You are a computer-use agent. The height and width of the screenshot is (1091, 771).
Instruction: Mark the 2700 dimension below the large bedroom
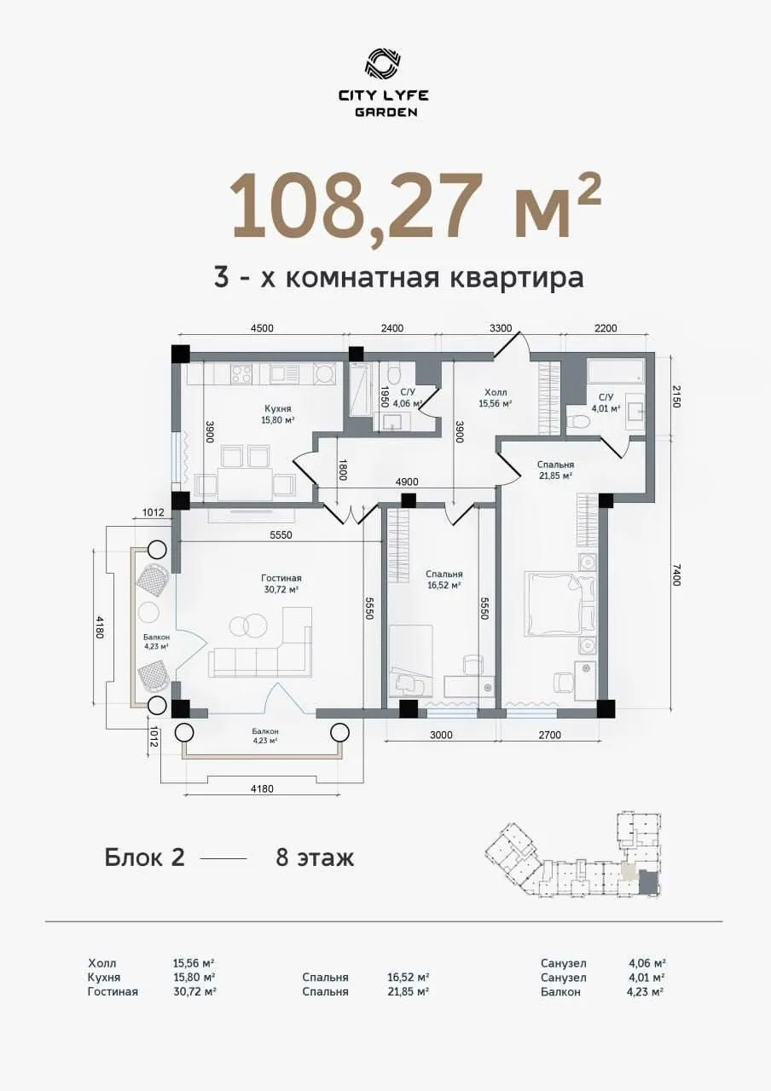(549, 735)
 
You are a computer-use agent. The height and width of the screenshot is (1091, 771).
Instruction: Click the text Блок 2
(144, 857)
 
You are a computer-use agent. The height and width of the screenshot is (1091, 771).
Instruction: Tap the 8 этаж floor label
(314, 857)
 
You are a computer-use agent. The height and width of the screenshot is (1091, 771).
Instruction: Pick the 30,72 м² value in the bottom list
(194, 991)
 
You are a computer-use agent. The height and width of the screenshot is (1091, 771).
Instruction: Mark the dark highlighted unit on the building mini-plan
(649, 883)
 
